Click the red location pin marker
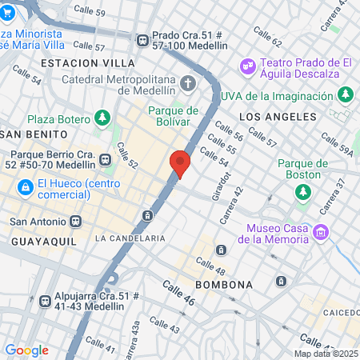(180, 164)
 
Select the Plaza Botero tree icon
(102, 119)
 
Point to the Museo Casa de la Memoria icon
(321, 233)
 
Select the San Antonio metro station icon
(75, 222)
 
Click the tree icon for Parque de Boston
(303, 191)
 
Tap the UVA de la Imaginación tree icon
(346, 95)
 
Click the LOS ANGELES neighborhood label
(273, 117)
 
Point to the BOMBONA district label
(224, 285)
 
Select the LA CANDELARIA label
(130, 238)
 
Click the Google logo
(26, 350)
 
